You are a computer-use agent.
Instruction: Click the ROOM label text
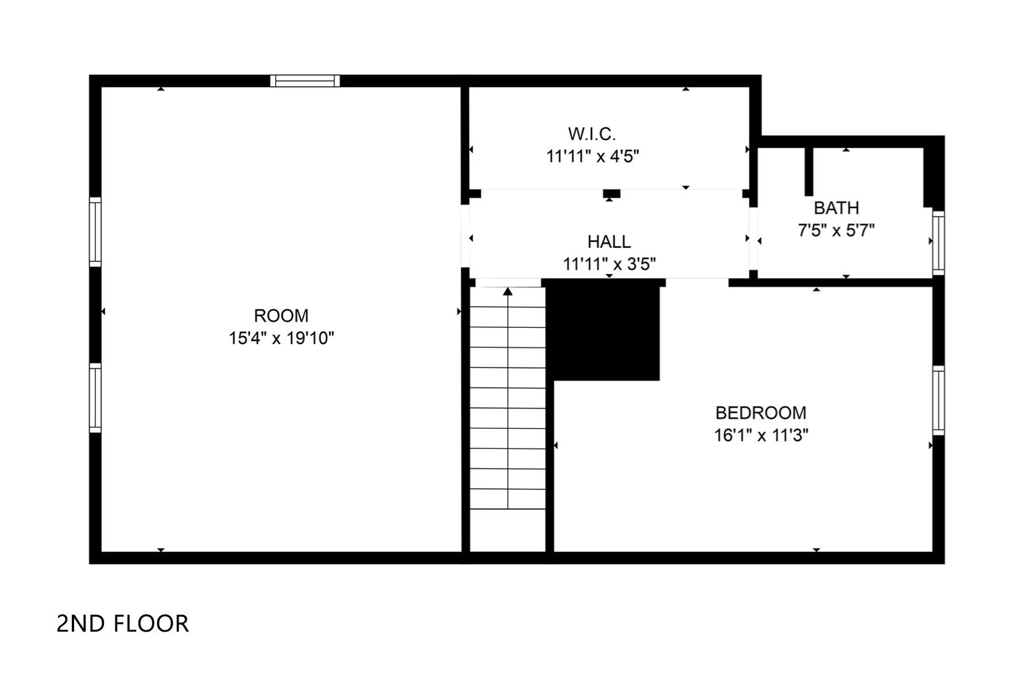[x=281, y=316]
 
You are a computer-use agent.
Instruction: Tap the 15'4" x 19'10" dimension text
[x=281, y=338]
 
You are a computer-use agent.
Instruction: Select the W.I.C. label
[x=592, y=134]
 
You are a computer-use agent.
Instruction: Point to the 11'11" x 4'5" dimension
[x=592, y=156]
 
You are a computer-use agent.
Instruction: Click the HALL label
[x=609, y=241]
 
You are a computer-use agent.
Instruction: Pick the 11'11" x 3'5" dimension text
[x=609, y=264]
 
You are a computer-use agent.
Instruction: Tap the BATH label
[x=836, y=207]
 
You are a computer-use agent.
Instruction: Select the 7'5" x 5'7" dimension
[x=836, y=230]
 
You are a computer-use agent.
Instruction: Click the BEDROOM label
[x=761, y=412]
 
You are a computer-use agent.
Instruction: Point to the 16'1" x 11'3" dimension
[x=761, y=435]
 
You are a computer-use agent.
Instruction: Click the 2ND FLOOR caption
[x=122, y=624]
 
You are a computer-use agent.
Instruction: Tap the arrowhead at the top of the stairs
[x=508, y=292]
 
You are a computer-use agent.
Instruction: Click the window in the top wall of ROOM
[x=305, y=80]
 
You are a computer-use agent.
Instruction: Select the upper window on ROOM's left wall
[x=95, y=232]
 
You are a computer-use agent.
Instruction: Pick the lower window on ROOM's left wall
[x=95, y=397]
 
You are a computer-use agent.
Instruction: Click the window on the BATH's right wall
[x=938, y=243]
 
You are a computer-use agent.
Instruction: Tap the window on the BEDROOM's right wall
[x=938, y=400]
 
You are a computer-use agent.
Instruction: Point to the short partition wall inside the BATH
[x=809, y=172]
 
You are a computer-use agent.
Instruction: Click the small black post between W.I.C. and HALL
[x=611, y=193]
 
